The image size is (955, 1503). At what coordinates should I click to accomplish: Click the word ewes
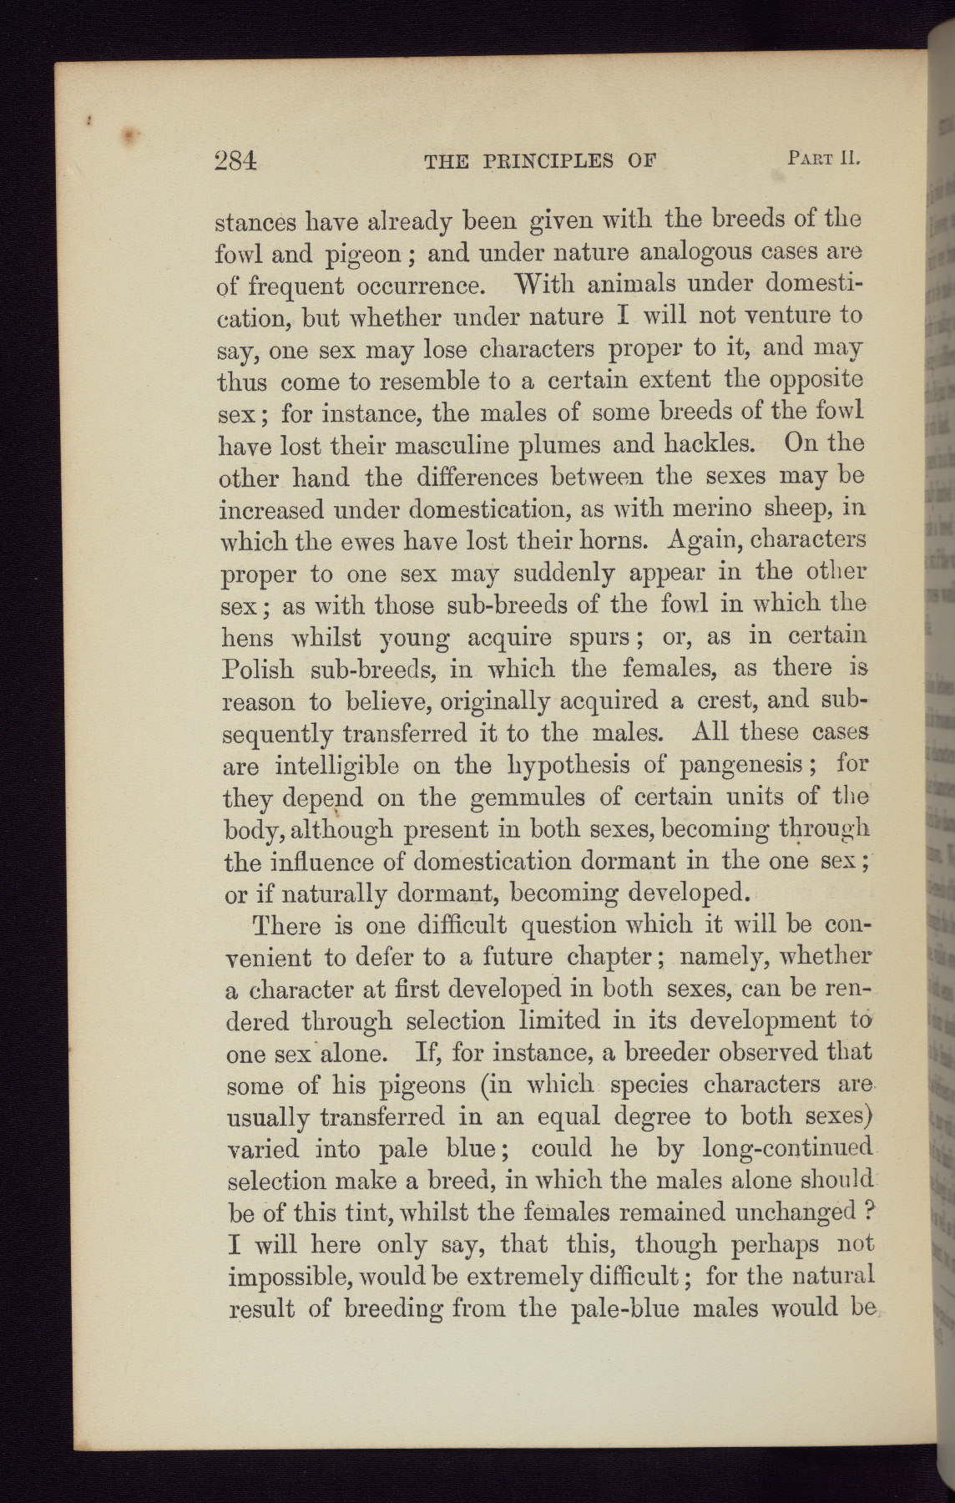point(347,540)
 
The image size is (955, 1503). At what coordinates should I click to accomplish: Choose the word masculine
point(447,445)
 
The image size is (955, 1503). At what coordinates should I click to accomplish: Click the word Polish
point(258,669)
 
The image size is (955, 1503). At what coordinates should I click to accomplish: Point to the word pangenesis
point(742,764)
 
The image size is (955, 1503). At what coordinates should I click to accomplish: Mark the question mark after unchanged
point(868,1211)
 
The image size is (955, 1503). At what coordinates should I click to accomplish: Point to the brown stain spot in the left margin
point(129,134)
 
